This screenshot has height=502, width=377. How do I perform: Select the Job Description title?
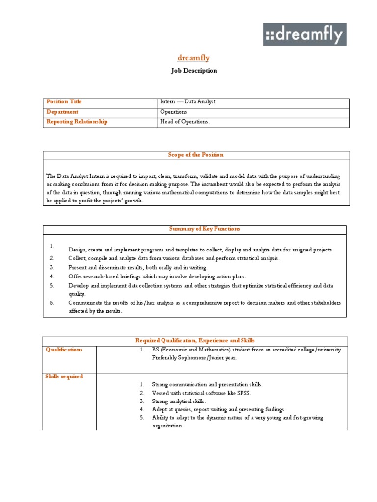194,71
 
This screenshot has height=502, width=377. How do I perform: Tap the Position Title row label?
64,102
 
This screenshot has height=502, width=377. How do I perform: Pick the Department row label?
62,112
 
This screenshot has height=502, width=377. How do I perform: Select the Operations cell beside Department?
173,112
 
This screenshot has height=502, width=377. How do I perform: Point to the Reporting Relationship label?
76,122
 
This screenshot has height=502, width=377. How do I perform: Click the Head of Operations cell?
185,122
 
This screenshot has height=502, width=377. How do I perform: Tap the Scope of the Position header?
196,155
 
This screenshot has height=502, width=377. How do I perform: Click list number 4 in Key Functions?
52,276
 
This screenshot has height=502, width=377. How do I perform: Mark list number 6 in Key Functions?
52,303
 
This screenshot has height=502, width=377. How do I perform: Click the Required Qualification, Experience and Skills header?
195,340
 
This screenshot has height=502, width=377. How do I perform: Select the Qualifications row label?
64,350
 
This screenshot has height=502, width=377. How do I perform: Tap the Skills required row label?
64,376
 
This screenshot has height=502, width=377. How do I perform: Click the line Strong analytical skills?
178,401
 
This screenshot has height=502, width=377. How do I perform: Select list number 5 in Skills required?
141,418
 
